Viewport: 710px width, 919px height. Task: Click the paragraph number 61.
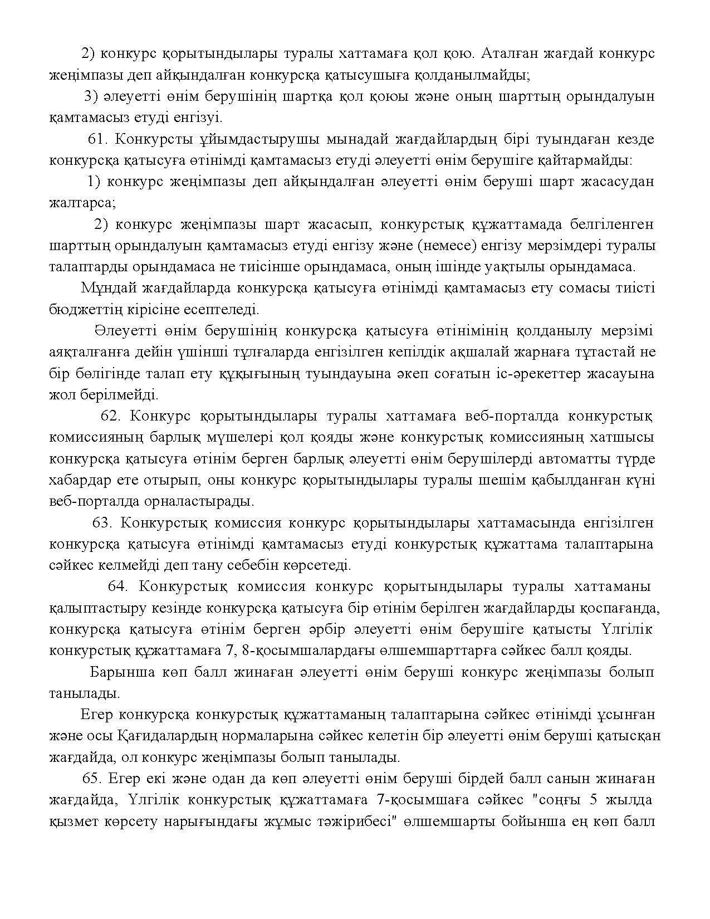click(98, 139)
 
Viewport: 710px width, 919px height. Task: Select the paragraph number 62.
click(111, 416)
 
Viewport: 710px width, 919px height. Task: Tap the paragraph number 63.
click(102, 523)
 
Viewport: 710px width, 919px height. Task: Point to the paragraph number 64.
click(118, 586)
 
